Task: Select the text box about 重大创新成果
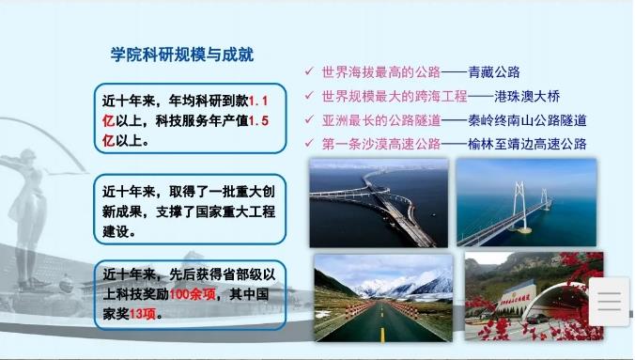[191, 211]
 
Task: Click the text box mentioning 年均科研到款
[191, 119]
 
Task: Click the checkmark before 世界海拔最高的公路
[310, 71]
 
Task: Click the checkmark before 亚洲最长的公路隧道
[310, 119]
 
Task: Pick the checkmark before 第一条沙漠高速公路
[310, 143]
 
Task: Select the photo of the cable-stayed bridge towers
[526, 202]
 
